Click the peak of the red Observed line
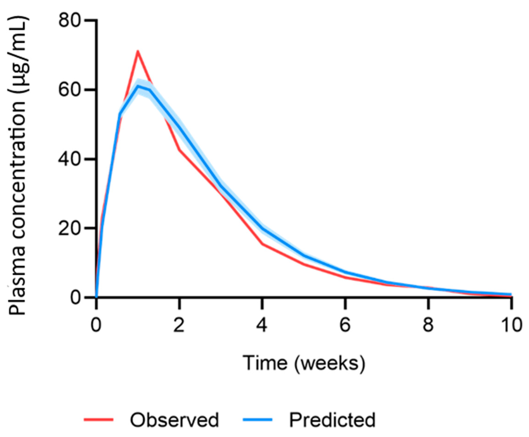pyautogui.click(x=138, y=51)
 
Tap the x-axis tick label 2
pyautogui.click(x=179, y=325)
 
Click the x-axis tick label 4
pyautogui.click(x=262, y=325)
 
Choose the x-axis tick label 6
pyautogui.click(x=345, y=325)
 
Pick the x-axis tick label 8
pyautogui.click(x=428, y=325)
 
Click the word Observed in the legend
pyautogui.click(x=174, y=420)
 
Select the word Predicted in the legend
pyautogui.click(x=332, y=420)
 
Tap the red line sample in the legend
pyautogui.click(x=99, y=419)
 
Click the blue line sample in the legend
pyautogui.click(x=257, y=419)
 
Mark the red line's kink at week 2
pyautogui.click(x=179, y=150)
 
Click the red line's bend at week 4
pyautogui.click(x=262, y=244)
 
